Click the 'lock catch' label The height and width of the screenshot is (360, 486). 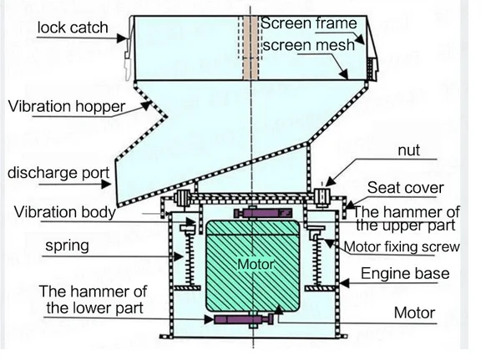73,29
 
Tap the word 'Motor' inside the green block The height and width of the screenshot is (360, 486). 255,265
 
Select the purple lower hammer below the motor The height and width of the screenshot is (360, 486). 243,320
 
